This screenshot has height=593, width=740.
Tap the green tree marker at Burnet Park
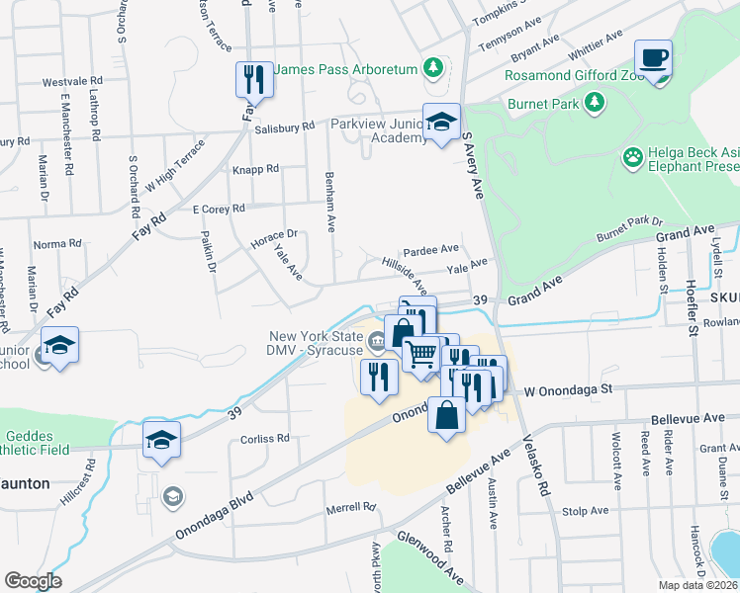594,102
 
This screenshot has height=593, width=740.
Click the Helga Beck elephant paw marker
632,157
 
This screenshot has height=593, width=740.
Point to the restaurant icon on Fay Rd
251,79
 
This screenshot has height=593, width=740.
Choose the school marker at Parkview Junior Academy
441,123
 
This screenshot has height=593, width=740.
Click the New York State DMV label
315,344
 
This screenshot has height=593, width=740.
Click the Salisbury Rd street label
284,127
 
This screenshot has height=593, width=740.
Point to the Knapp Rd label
255,169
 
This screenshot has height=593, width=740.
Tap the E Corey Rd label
219,209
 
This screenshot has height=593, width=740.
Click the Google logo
33,581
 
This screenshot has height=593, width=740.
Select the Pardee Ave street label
430,249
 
